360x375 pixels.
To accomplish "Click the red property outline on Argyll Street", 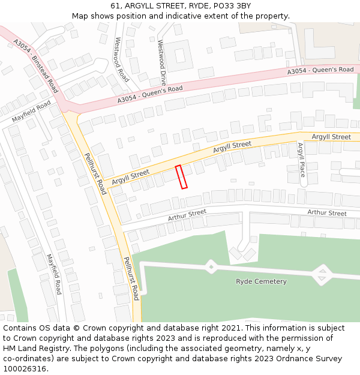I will click(181, 177).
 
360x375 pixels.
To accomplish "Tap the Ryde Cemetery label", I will click(261, 281).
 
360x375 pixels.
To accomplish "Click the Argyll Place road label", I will click(301, 160).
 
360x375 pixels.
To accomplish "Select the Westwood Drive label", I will click(161, 62).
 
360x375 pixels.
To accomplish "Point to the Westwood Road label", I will click(121, 59).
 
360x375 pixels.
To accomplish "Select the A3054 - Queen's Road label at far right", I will click(320, 71).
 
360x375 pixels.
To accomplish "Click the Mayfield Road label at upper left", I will click(31, 112).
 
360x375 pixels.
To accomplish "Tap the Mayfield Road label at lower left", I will click(54, 274).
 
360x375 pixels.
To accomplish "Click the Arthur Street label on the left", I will click(187, 215).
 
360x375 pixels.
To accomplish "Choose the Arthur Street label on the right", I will click(327, 213).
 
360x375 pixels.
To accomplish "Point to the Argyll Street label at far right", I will click(331, 137).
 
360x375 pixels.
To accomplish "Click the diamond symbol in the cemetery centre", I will click(211, 266).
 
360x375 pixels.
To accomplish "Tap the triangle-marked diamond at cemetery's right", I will click(322, 275).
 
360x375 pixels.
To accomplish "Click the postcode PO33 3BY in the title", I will click(230, 6).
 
